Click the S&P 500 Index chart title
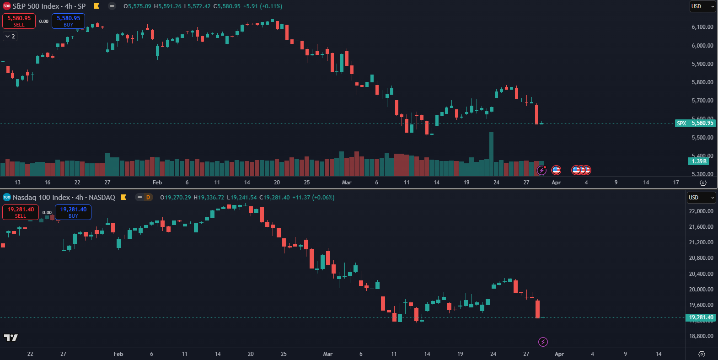[49, 6]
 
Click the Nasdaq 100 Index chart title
[64, 198]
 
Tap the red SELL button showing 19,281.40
[21, 212]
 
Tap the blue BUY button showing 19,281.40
[73, 212]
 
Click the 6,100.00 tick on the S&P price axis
[702, 27]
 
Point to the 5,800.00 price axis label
[702, 82]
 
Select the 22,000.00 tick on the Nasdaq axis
[701, 211]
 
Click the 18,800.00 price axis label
[701, 336]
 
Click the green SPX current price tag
[681, 123]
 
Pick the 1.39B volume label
[699, 161]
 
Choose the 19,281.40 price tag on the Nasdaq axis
[701, 317]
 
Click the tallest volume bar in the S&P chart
[491, 154]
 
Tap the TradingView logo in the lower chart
[11, 338]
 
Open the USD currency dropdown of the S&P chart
[702, 6]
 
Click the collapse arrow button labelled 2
[10, 36]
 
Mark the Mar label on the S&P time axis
[347, 183]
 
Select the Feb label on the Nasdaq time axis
[118, 354]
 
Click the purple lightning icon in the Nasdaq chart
[543, 342]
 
